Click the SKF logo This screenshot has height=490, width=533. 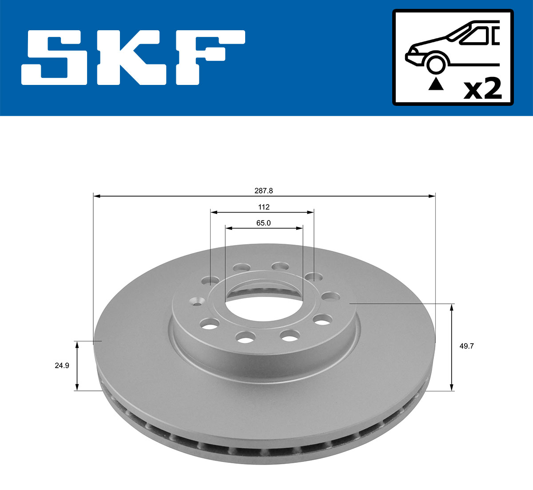click(133, 57)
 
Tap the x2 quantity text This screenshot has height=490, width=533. click(482, 88)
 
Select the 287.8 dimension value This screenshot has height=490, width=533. click(263, 190)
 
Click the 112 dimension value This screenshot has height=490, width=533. click(263, 207)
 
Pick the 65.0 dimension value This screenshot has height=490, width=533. click(263, 223)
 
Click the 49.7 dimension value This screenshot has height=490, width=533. click(466, 346)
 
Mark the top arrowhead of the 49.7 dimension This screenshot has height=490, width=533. click(452, 307)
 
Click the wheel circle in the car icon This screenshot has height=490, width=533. click(435, 64)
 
